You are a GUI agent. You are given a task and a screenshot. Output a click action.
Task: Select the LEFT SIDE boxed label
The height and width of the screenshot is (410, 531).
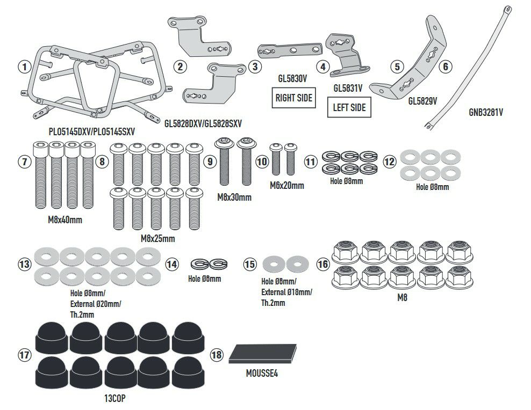point(349,107)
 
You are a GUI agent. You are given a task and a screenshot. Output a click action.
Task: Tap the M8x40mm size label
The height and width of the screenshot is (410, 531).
point(66,219)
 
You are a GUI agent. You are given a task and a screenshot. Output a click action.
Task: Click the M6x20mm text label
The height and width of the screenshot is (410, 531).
point(287,186)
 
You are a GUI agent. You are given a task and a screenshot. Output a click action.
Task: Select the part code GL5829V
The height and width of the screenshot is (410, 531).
point(422,100)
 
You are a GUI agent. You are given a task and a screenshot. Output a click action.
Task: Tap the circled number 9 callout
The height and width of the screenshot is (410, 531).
point(211,160)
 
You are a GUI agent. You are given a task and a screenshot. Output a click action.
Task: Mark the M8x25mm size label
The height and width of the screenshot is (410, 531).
point(157,238)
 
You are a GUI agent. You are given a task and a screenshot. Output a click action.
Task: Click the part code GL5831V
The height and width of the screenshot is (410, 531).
point(348,87)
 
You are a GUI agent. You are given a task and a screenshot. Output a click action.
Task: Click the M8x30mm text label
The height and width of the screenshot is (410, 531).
point(234,197)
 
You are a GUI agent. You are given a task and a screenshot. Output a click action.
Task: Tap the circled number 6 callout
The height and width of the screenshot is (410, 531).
point(445,67)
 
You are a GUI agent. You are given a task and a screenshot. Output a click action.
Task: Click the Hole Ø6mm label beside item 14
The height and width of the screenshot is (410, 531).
point(204,279)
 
